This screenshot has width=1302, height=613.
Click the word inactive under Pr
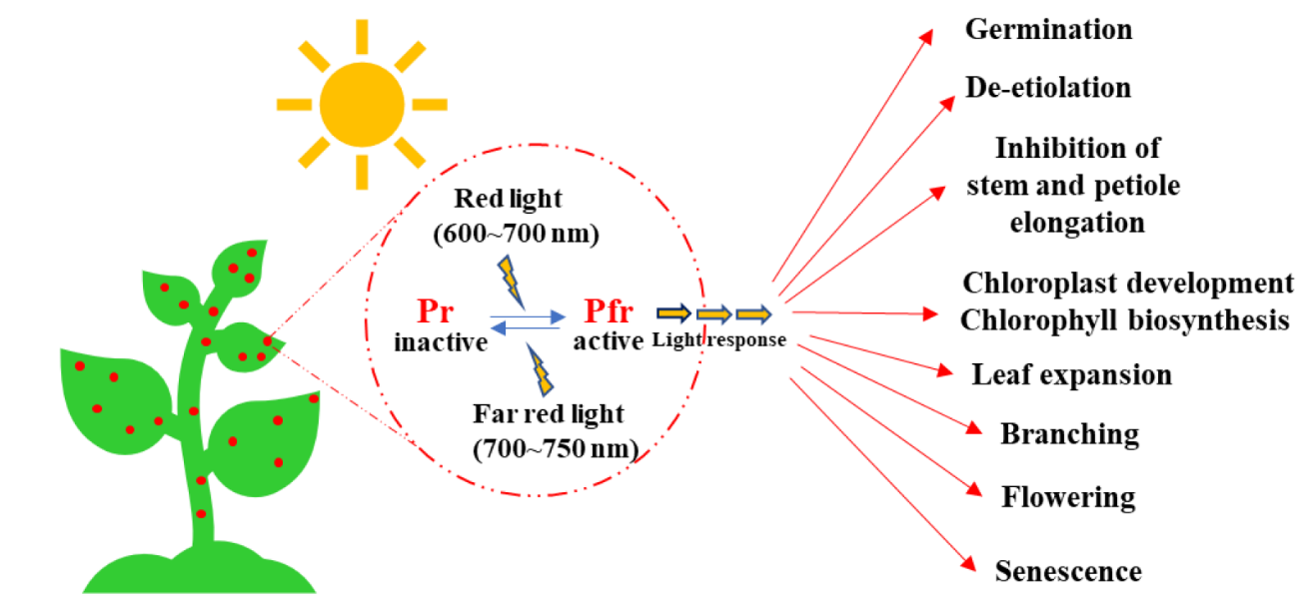tap(441, 342)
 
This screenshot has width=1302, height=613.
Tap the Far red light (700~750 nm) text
tap(555, 430)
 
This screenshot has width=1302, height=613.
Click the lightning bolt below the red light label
tap(511, 281)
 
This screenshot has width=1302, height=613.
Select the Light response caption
tap(719, 339)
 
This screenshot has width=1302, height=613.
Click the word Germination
tap(1048, 30)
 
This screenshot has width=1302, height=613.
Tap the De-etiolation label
tap(1048, 88)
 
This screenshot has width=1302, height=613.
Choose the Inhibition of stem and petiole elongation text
tap(1077, 185)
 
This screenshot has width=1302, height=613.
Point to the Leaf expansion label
tap(1071, 375)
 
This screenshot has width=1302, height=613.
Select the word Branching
tap(1069, 434)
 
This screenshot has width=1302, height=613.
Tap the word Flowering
tap(1068, 496)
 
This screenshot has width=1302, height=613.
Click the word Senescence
tap(1068, 571)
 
